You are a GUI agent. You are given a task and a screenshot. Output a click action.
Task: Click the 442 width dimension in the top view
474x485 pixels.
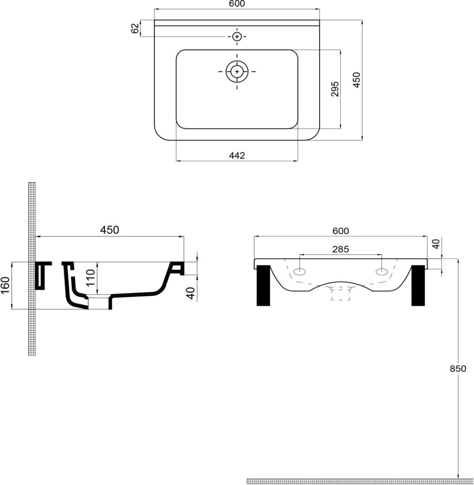tap(237, 155)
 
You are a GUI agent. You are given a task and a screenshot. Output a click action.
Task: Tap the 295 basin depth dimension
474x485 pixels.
tap(335, 89)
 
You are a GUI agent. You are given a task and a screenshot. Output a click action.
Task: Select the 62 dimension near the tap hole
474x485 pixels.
tap(135, 29)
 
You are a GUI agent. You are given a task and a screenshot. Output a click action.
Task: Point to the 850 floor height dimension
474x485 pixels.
tap(458, 369)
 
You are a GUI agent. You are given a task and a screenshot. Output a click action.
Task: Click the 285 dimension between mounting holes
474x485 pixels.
tap(340, 249)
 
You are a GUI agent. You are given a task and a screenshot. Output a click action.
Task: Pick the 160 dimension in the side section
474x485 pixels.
tap(5, 286)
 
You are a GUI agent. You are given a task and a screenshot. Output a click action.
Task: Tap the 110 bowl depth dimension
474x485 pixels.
tap(90, 277)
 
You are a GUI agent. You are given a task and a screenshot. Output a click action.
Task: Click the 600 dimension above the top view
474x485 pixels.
tap(237, 4)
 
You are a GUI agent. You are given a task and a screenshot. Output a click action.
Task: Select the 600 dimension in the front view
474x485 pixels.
tap(340, 231)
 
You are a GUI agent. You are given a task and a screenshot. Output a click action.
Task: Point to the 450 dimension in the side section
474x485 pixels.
tap(109, 230)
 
